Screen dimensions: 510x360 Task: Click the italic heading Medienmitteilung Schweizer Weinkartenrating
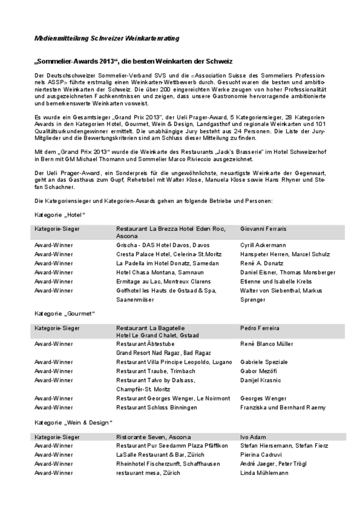click(107, 39)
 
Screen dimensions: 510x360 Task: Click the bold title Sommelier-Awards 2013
click(133, 60)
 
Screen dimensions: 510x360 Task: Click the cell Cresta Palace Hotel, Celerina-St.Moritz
click(169, 254)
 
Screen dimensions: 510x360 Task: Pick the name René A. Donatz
click(262, 264)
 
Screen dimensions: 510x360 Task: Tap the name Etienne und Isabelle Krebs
click(276, 282)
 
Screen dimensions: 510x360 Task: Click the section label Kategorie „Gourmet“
click(65, 314)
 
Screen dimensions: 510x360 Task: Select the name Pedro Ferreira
click(259, 328)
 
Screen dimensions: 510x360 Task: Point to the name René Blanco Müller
click(266, 344)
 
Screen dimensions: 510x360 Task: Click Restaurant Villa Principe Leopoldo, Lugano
click(174, 362)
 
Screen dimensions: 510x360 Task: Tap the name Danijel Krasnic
click(261, 380)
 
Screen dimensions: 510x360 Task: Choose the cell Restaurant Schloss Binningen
click(156, 408)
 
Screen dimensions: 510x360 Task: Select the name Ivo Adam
click(253, 437)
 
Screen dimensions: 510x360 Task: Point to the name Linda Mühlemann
click(264, 473)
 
